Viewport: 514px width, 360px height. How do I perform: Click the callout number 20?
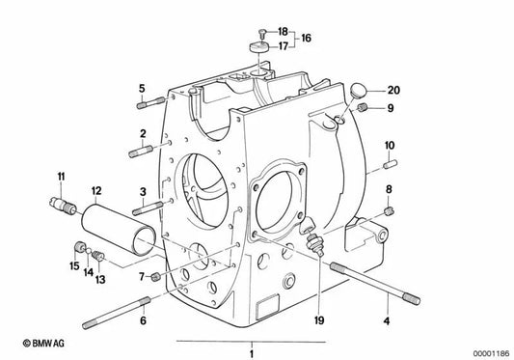pyautogui.click(x=393, y=90)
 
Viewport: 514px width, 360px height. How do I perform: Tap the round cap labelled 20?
pyautogui.click(x=357, y=91)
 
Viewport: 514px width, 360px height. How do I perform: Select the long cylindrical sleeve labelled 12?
pyautogui.click(x=119, y=229)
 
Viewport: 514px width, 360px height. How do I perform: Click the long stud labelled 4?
pyautogui.click(x=375, y=284)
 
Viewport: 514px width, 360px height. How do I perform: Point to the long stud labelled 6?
pyautogui.click(x=116, y=311)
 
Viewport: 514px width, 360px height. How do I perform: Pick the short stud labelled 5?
pyautogui.click(x=150, y=102)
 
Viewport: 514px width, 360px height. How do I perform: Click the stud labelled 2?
pyautogui.click(x=141, y=152)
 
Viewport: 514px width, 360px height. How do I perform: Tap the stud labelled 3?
pyautogui.click(x=148, y=208)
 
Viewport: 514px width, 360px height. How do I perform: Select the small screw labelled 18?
pyautogui.click(x=261, y=32)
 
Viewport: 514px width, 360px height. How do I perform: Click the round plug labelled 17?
pyautogui.click(x=259, y=47)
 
